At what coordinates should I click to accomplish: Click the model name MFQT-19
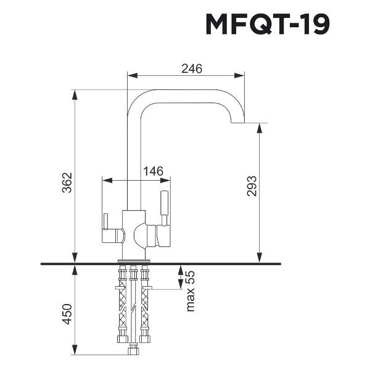pyautogui.click(x=267, y=25)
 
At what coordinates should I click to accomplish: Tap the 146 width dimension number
pyautogui.click(x=154, y=173)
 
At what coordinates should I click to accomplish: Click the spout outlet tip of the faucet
pyautogui.click(x=238, y=123)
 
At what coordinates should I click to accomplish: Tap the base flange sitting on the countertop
pyautogui.click(x=132, y=258)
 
